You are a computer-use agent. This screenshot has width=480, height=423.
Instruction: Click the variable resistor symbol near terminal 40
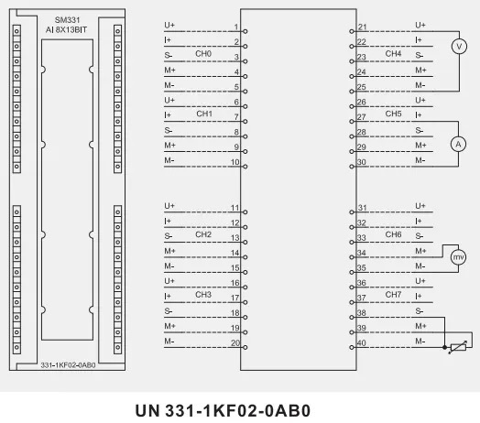(458, 347)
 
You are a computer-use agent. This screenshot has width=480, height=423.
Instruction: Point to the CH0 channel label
(203, 54)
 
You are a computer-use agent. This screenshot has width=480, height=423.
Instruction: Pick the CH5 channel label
(393, 114)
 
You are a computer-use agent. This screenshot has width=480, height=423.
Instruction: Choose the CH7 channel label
(393, 295)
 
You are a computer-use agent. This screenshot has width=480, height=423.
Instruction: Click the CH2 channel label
(203, 234)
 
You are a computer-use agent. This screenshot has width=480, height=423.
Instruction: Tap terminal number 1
(236, 27)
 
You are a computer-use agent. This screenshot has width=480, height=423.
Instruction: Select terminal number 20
(235, 343)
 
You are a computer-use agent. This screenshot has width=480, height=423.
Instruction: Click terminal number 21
(363, 27)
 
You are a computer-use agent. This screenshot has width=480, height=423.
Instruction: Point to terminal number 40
(362, 343)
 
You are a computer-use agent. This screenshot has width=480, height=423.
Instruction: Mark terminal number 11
(235, 208)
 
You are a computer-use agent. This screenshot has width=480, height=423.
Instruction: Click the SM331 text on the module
(67, 20)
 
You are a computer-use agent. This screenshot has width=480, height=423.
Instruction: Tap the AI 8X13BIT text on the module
(66, 30)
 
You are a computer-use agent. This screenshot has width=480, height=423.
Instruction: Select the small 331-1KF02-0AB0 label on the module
(68, 365)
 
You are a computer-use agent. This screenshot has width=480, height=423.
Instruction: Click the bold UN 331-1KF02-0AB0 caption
(223, 410)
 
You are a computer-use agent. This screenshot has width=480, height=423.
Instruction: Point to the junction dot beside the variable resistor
(444, 347)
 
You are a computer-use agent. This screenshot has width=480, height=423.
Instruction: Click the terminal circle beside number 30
(352, 167)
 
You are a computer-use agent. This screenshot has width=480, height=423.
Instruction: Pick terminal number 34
(362, 253)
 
